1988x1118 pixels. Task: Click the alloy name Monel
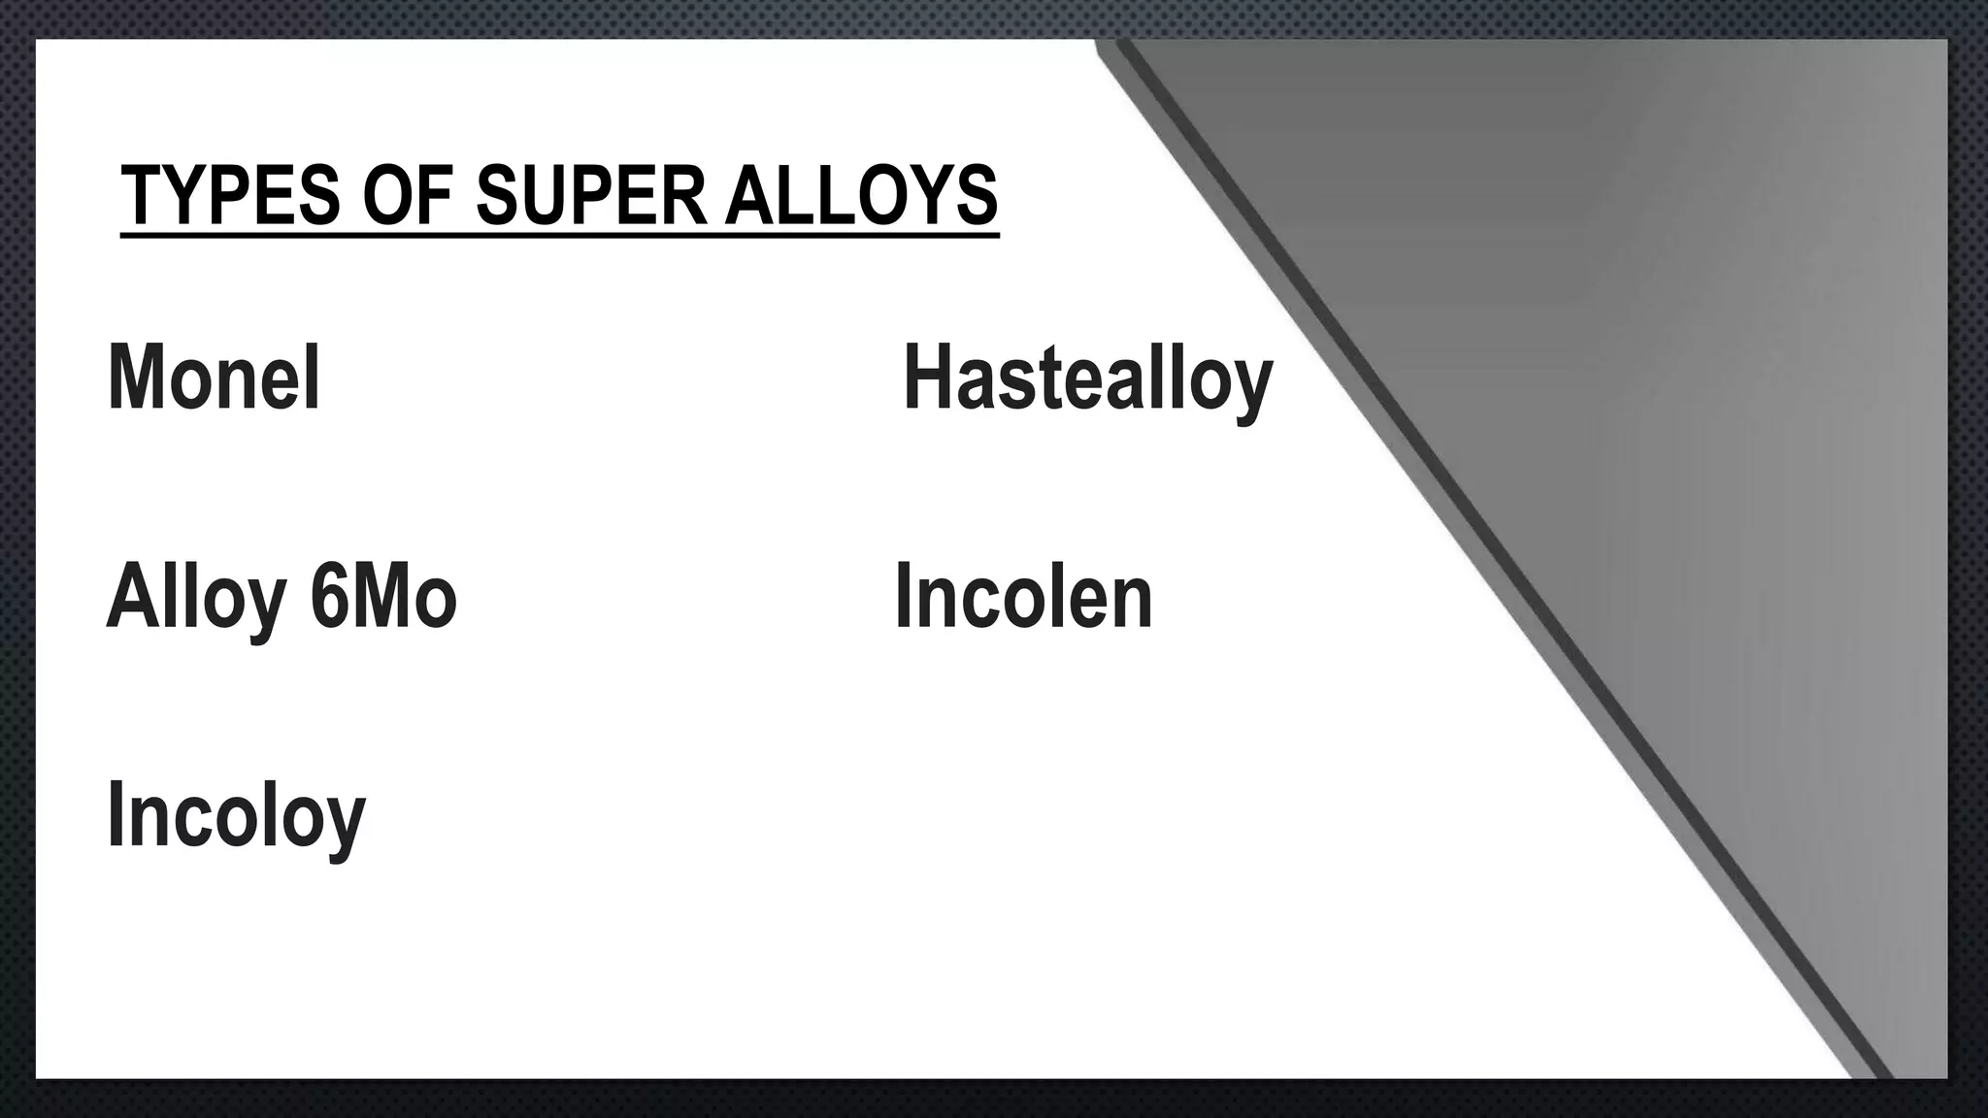[x=214, y=378]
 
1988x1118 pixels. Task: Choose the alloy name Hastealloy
[x=1087, y=380]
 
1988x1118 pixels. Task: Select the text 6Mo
[x=383, y=597]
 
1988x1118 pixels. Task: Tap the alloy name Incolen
[x=1023, y=597]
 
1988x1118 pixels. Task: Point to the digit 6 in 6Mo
[x=326, y=597]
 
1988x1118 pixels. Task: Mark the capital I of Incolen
[x=904, y=597]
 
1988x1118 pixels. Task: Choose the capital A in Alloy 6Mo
[x=132, y=597]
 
